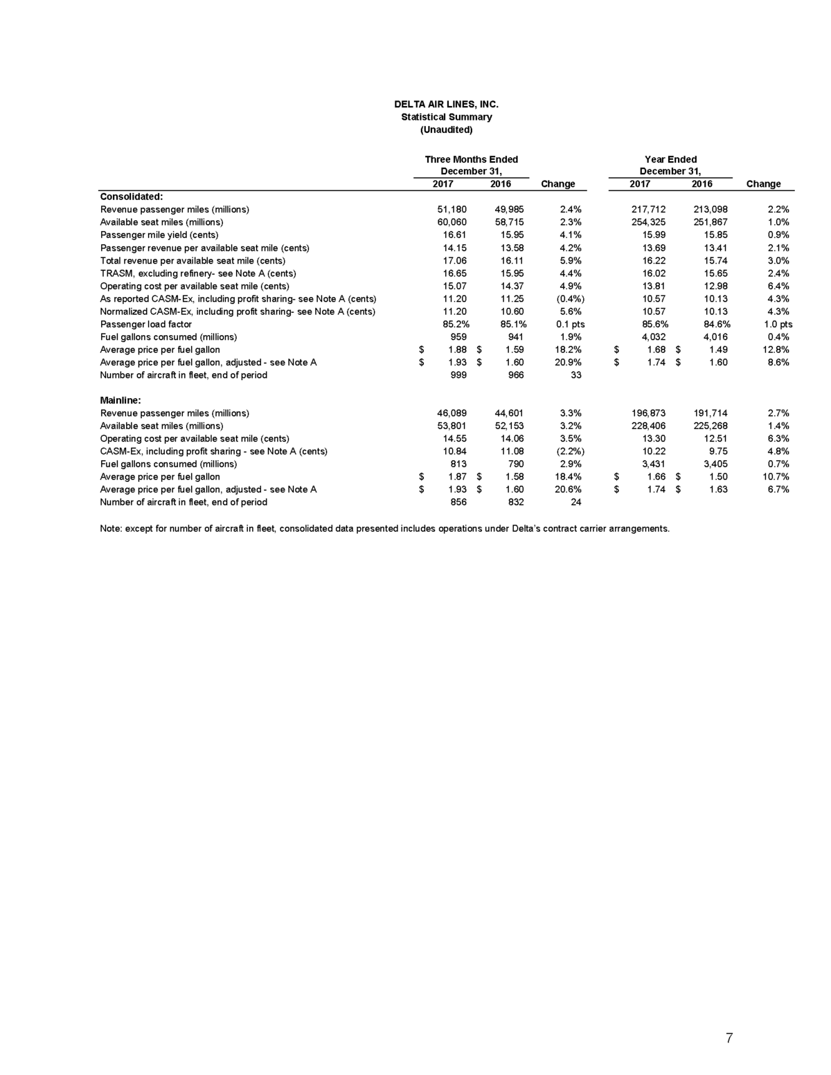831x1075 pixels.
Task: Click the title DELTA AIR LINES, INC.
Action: point(446,105)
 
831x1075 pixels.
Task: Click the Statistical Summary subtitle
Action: point(446,117)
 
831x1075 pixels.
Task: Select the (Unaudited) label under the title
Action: point(446,129)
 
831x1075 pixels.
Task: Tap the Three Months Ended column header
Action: point(471,159)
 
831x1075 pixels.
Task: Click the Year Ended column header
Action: point(670,159)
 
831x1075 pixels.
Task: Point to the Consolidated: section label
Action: point(132,197)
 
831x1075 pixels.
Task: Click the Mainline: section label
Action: point(120,400)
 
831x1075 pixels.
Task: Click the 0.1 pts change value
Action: point(571,324)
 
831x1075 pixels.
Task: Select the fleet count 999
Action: point(458,374)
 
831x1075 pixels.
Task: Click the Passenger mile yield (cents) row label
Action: point(159,235)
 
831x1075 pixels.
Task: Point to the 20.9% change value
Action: point(568,362)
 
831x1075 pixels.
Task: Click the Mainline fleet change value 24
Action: point(575,502)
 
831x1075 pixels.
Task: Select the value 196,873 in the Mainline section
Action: point(643,413)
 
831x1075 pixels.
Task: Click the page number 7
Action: point(729,1038)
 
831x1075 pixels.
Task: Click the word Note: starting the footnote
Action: point(111,529)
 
